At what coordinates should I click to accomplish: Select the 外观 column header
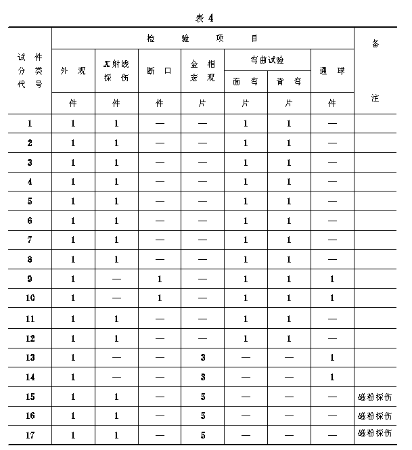click(x=73, y=70)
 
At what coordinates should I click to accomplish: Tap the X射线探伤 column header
click(x=116, y=70)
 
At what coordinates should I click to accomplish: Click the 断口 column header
click(x=160, y=70)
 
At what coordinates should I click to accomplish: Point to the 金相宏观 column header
click(x=202, y=70)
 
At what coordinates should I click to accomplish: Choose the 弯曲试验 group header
click(x=267, y=60)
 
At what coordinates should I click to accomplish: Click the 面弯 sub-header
click(x=246, y=81)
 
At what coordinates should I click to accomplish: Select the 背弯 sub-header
click(x=289, y=81)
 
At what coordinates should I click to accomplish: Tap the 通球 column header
click(x=332, y=70)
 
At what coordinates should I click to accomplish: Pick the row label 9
click(x=30, y=279)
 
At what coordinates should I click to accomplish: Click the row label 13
click(x=30, y=357)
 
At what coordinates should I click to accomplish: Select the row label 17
click(x=30, y=435)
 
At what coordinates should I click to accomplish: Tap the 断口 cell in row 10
click(x=160, y=298)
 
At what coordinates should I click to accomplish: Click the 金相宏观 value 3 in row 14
click(x=202, y=377)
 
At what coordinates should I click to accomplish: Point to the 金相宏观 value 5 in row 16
click(x=202, y=415)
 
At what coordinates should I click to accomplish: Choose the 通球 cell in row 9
click(x=332, y=279)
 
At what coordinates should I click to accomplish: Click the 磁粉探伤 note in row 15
click(x=375, y=397)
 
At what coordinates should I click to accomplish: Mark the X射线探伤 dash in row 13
click(x=116, y=357)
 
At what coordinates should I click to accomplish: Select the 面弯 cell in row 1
click(x=246, y=124)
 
